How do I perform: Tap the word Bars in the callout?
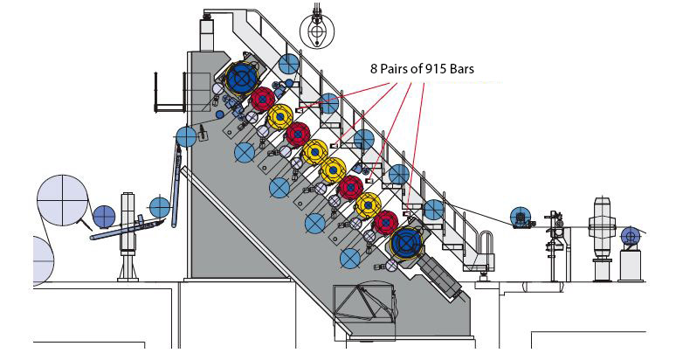click(461, 68)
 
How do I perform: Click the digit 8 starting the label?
click(369, 68)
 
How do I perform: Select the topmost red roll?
click(263, 99)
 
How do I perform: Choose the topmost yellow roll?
click(279, 116)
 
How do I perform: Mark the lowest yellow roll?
click(368, 205)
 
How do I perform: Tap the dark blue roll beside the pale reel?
click(104, 216)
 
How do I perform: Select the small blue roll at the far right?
click(630, 235)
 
